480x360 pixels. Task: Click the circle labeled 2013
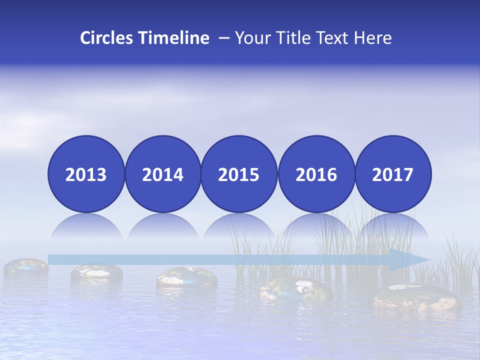86,174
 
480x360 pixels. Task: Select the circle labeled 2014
163,174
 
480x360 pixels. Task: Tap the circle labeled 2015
239,174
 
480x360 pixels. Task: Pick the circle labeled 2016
316,174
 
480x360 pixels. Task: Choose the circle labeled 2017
393,174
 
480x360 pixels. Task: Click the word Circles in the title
107,38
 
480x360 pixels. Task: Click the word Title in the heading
296,38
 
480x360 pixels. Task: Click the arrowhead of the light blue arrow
412,259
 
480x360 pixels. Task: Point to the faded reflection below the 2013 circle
86,227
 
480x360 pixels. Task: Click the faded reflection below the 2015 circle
239,227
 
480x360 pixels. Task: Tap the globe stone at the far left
25,266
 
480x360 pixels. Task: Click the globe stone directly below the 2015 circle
186,278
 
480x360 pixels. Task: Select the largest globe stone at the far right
415,297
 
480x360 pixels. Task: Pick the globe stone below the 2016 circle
295,289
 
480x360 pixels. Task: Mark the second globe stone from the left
96,271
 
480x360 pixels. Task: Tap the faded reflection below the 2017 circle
393,227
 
